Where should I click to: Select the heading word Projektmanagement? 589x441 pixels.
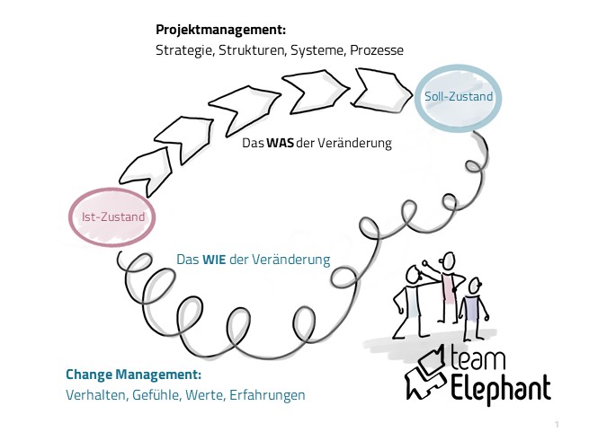(221, 30)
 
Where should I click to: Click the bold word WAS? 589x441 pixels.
(280, 143)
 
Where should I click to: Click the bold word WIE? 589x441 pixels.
(213, 260)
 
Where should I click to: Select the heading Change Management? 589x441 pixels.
(133, 374)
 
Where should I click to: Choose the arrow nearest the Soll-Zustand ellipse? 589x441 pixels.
(375, 87)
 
